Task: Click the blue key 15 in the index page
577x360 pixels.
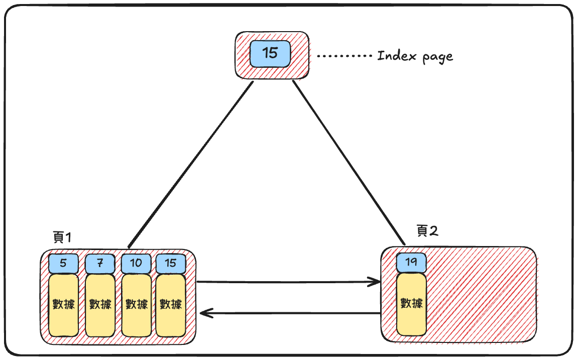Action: pos(270,53)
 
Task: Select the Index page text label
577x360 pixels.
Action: pos(415,56)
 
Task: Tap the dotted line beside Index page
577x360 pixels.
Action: pos(344,56)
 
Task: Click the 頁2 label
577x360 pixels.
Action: pos(427,231)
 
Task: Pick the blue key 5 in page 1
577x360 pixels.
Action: pos(63,263)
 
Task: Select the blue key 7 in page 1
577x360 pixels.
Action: pos(100,263)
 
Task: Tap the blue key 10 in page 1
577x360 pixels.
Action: pos(136,263)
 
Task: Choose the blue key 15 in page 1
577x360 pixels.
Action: pos(171,263)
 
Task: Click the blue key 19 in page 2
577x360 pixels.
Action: pos(411,262)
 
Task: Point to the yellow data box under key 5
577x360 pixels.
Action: pos(63,305)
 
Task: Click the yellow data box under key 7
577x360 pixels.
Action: pos(100,305)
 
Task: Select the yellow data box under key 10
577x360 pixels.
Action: pos(136,305)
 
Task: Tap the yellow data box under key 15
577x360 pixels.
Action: pos(171,305)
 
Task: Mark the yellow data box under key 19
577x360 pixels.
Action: pos(411,304)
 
